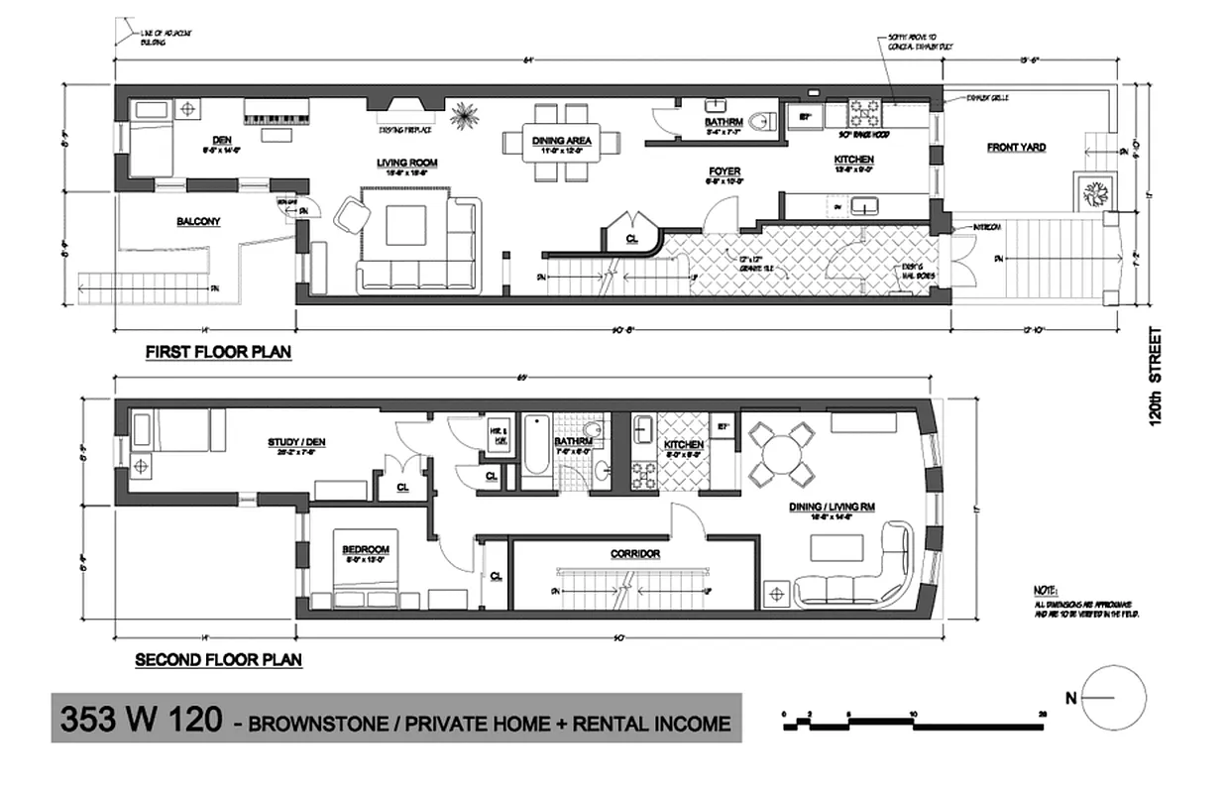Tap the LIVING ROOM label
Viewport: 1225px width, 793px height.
(406, 163)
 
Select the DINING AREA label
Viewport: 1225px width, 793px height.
(562, 141)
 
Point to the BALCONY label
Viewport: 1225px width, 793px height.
(198, 221)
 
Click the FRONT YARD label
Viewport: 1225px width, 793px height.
(1016, 148)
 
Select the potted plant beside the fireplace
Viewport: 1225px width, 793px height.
(462, 115)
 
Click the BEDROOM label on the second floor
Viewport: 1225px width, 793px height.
(365, 549)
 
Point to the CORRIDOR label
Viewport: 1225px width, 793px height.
(635, 553)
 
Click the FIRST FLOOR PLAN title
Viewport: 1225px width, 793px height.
(218, 352)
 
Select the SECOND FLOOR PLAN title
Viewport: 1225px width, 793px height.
(218, 659)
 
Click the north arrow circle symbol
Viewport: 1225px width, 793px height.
(1113, 697)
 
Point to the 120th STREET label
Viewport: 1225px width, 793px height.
(1156, 377)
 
